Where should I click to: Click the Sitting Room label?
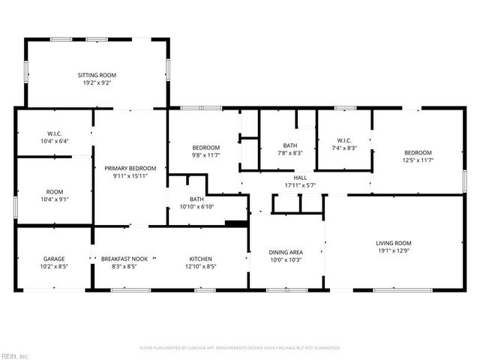point(97,75)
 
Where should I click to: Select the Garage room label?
point(54,257)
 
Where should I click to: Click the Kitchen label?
point(200,257)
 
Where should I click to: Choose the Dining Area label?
point(286,252)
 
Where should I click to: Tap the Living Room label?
point(394,243)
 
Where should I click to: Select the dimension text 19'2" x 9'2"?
point(97,83)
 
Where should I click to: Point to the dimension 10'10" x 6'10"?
point(196,206)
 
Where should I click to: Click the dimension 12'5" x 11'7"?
point(418,160)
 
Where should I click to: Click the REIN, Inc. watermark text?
point(15,355)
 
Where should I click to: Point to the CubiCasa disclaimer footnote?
point(240,347)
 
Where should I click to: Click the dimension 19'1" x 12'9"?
point(394,251)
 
